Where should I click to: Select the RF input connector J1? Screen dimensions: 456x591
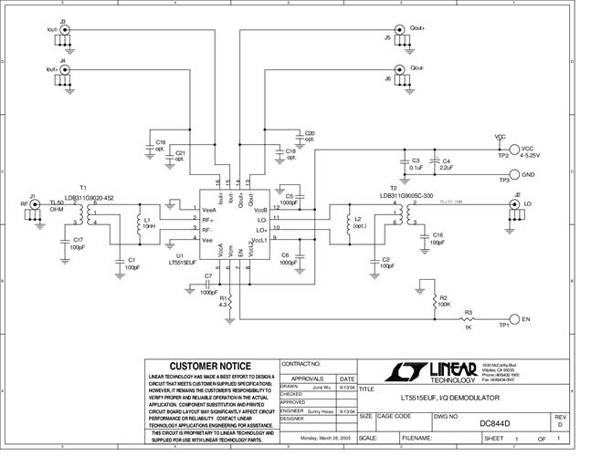pos(36,205)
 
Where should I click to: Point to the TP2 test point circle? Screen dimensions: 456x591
pos(513,150)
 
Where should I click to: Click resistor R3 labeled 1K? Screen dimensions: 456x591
pos(468,319)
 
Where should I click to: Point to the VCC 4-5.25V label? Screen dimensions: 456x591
pos(531,152)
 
